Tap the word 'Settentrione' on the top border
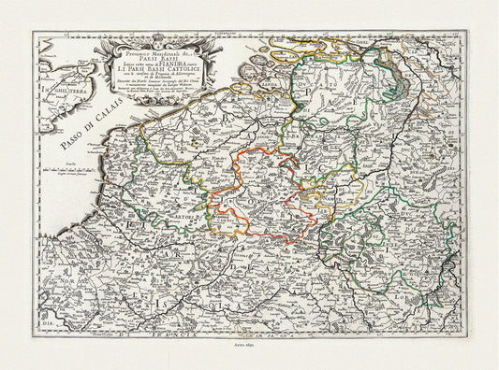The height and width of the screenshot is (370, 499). click(249, 36)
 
